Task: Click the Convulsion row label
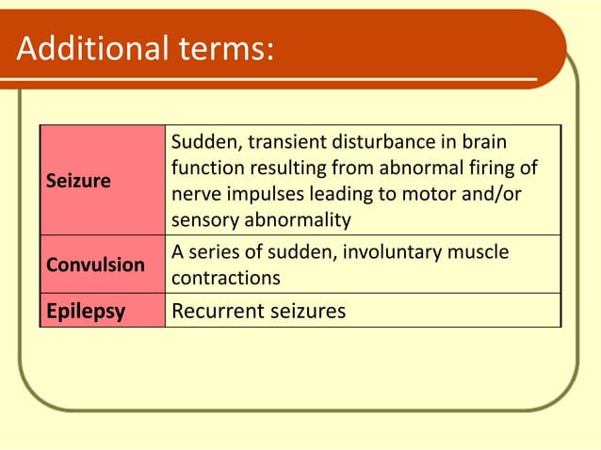click(x=96, y=265)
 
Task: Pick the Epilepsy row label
click(x=86, y=311)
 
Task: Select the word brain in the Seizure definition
click(x=484, y=142)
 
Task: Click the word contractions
click(x=225, y=280)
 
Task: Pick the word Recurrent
click(x=210, y=311)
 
